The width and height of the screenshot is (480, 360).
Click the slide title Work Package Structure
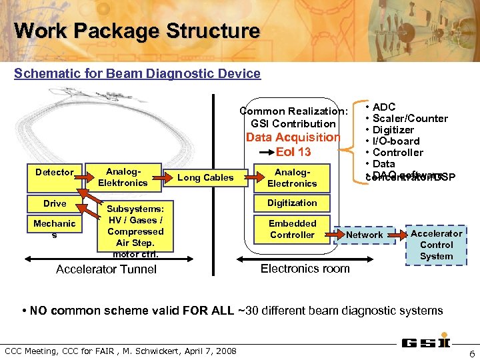pos(137,31)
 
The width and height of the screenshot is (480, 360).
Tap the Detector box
pos(55,172)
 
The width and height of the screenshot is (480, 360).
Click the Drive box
pos(55,203)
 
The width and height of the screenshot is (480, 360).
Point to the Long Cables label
pos(205,177)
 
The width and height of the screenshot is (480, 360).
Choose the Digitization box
pos(292,203)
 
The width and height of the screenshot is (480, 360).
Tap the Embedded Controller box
pos(292,229)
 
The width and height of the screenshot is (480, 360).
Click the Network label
pos(364,235)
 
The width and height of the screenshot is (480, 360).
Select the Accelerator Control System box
pos(436,245)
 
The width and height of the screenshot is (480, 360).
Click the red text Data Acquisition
pos(293,137)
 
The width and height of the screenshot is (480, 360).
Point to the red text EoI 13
pos(293,152)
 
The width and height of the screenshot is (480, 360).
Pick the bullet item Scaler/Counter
pos(409,119)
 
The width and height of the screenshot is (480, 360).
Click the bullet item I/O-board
pos(396,141)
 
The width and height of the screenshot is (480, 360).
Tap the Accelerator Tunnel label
pos(107,269)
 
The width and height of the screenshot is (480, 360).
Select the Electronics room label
pos(305,269)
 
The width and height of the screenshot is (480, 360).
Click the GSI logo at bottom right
pos(425,343)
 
